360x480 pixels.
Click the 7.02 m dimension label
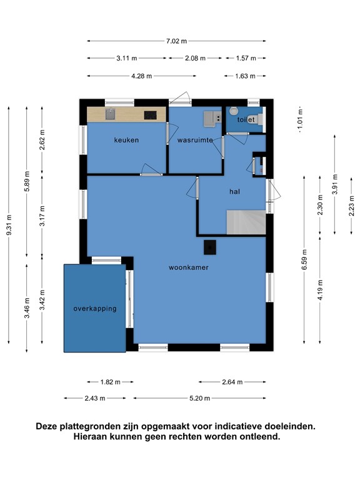(176, 41)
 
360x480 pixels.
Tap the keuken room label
(126, 140)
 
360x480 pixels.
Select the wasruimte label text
(195, 140)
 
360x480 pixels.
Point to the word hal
(235, 192)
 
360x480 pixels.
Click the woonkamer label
(189, 267)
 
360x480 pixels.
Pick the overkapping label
(95, 309)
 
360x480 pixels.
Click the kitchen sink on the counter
(110, 114)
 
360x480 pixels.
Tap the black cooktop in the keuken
(150, 115)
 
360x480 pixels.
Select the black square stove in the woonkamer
(210, 247)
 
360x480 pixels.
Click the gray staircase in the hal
(246, 222)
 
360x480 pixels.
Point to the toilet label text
(246, 120)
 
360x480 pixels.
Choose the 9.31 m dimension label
(9, 225)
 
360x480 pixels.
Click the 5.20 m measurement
(199, 398)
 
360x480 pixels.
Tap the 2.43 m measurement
(95, 398)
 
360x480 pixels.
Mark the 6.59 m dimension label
(304, 259)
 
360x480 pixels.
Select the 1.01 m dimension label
(300, 120)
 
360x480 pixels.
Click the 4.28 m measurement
(141, 76)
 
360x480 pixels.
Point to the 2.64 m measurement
(232, 382)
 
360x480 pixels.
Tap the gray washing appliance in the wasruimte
(212, 119)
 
